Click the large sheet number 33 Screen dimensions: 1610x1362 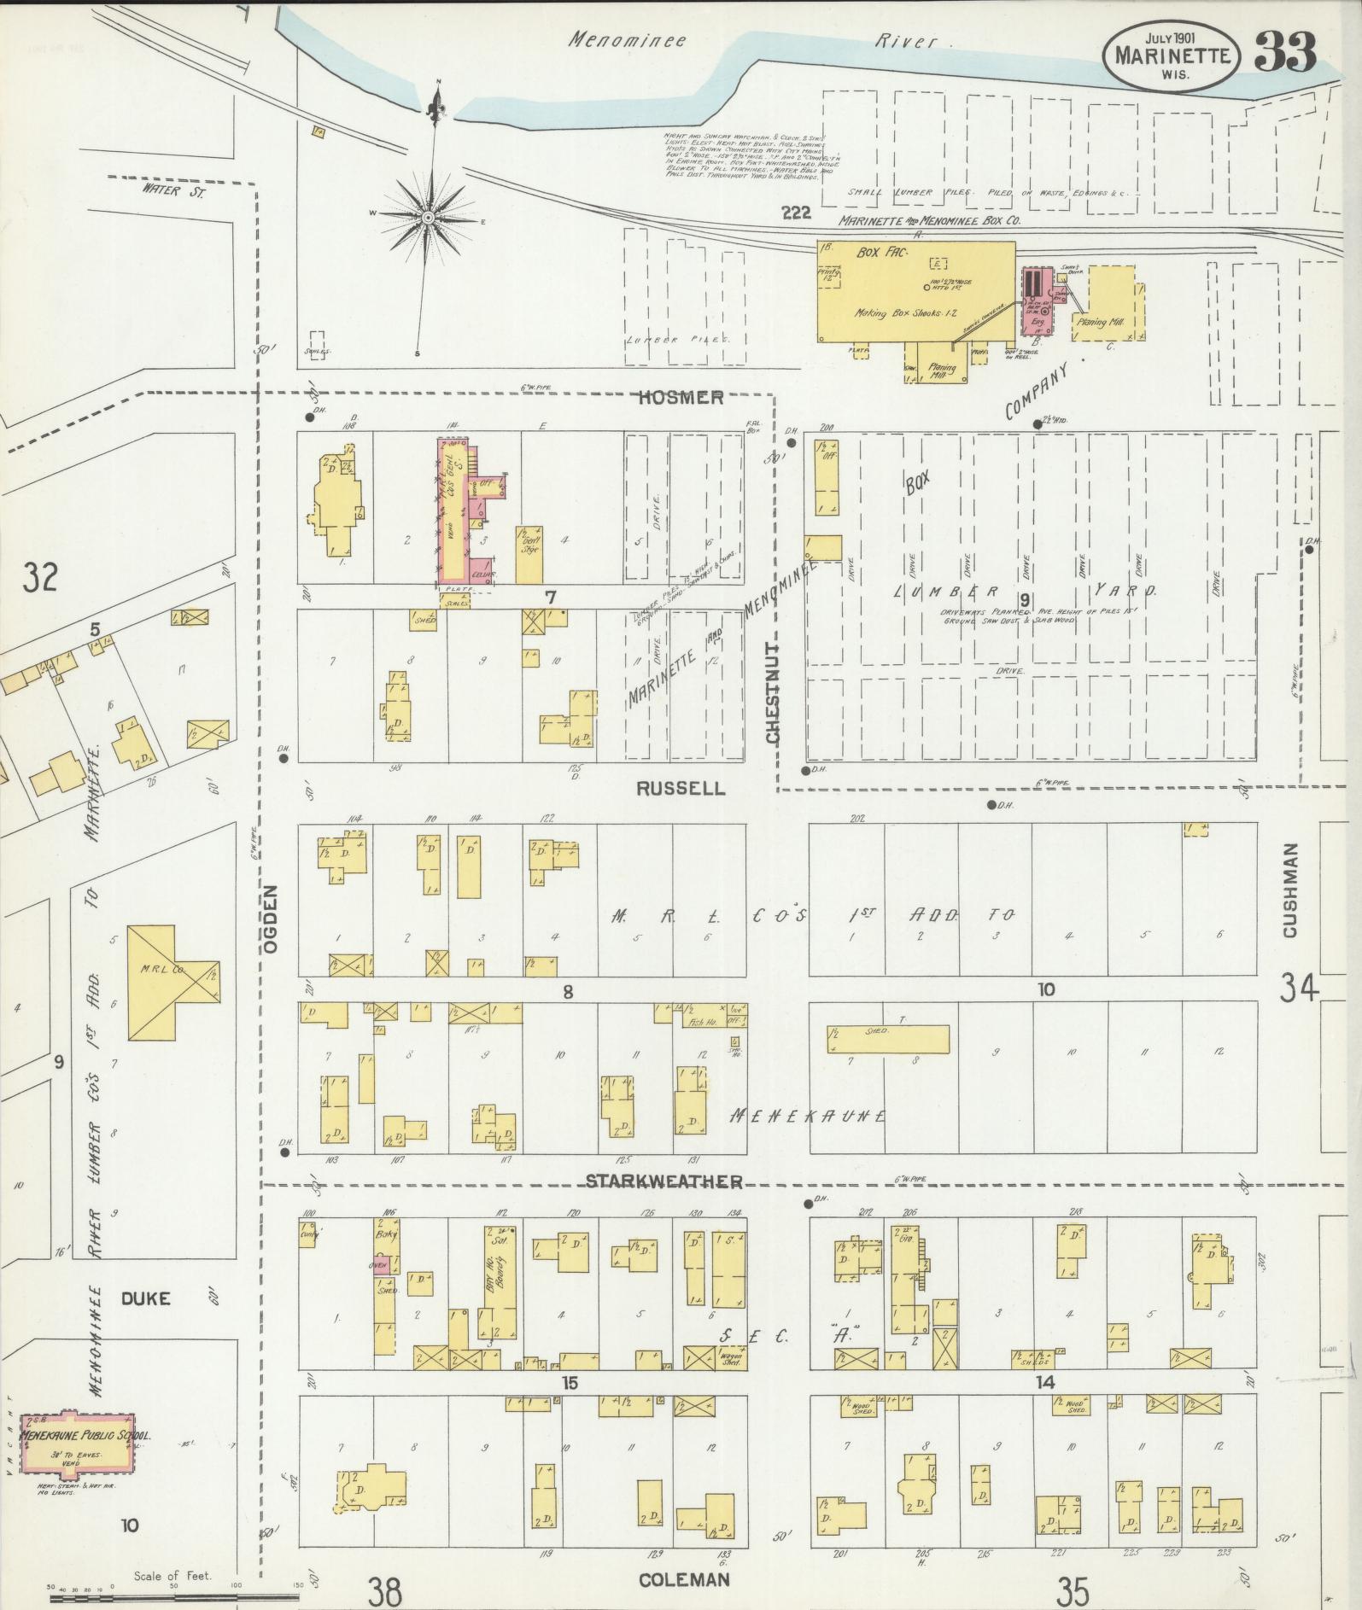coord(1285,54)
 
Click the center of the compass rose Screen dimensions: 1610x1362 coord(427,219)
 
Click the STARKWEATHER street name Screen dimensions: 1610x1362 coord(663,1181)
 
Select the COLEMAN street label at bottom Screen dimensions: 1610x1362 coord(684,1579)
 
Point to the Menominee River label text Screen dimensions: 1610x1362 coord(751,40)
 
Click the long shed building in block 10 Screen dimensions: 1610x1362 coord(887,1038)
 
